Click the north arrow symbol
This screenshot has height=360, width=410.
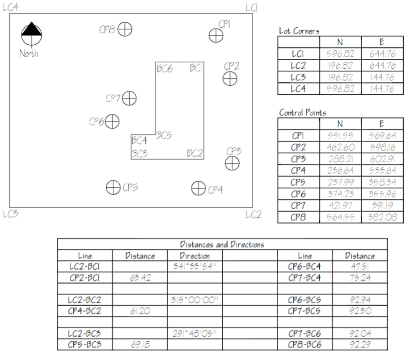32,33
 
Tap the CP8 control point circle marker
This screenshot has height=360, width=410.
126,29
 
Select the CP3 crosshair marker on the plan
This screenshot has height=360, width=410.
232,163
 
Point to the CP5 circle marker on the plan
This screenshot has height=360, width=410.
113,188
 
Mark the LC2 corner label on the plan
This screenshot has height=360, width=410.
254,215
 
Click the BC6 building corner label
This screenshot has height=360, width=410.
165,69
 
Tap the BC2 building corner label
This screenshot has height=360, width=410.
195,153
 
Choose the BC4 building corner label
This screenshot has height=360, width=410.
139,141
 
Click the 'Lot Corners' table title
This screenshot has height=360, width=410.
299,31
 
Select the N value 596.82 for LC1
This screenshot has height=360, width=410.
340,54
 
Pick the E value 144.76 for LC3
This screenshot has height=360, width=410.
382,77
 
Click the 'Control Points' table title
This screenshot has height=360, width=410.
302,113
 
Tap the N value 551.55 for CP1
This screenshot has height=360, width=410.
340,135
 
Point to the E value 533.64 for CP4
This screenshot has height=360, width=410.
382,170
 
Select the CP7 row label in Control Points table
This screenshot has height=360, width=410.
298,205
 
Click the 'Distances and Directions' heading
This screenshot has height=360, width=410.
222,244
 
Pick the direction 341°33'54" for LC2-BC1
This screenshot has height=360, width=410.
194,267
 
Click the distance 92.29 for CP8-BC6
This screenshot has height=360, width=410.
360,345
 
